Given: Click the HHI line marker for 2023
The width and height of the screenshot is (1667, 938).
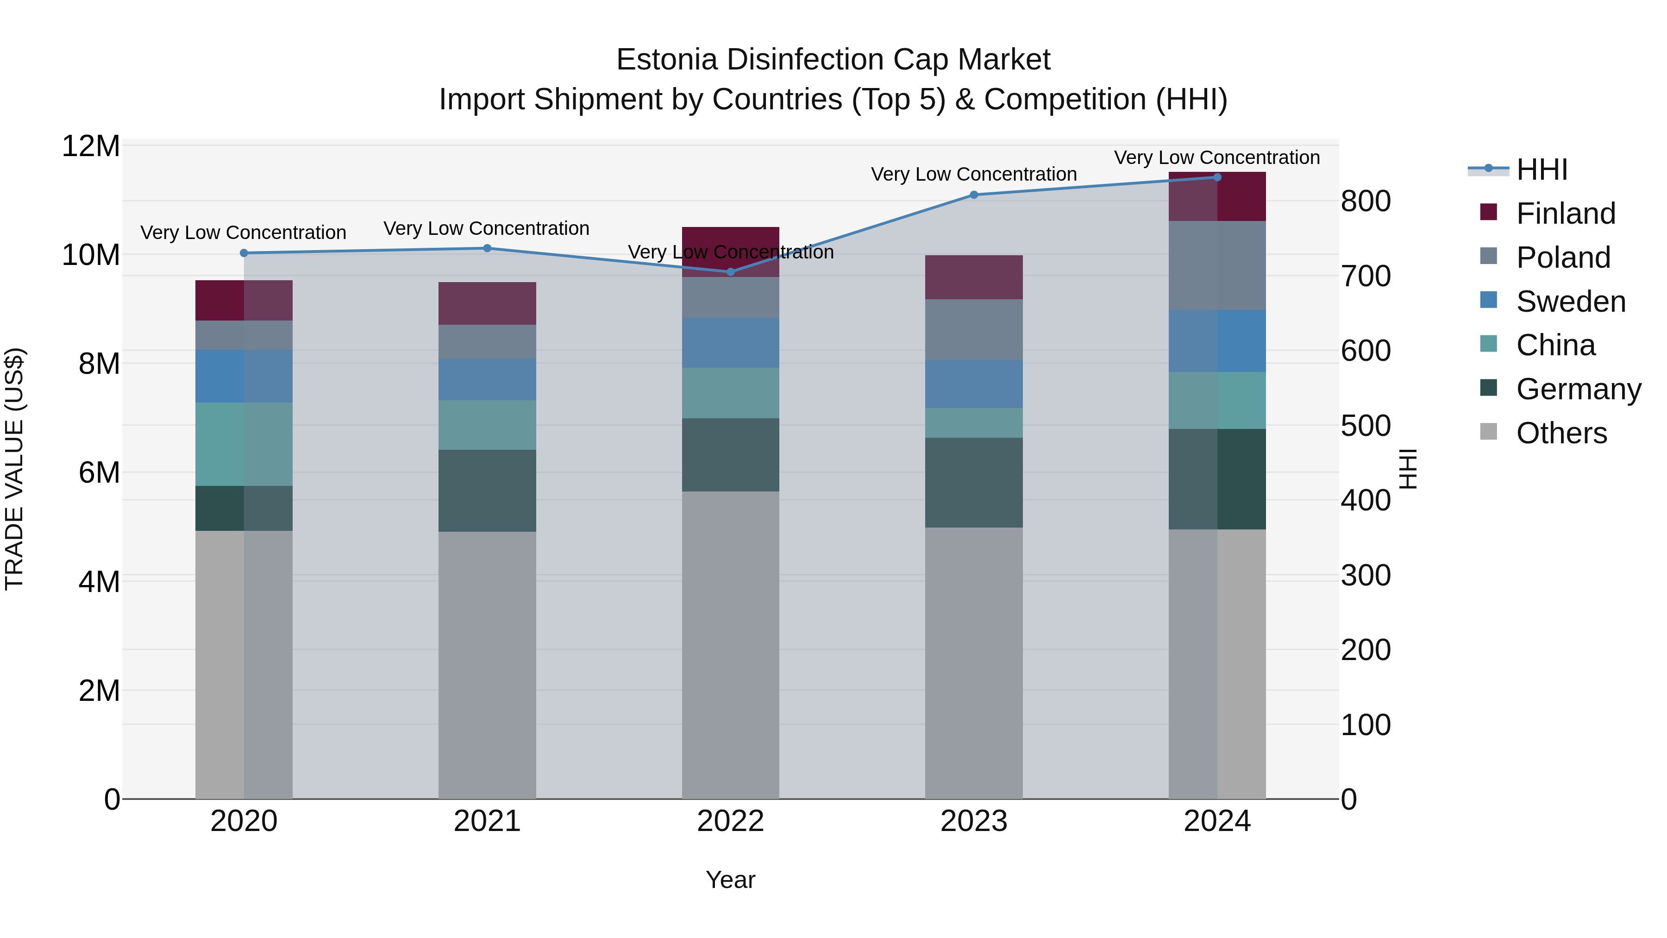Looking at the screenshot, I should point(974,195).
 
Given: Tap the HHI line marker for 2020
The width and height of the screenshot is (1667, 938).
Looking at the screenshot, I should point(244,253).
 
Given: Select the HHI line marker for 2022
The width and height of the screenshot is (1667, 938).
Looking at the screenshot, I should point(731,272).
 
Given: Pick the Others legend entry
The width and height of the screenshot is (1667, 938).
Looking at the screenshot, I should point(1561,433).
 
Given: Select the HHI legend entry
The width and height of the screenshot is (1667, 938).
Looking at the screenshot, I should point(1542,170).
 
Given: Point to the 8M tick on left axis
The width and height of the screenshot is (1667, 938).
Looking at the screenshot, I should point(98,364).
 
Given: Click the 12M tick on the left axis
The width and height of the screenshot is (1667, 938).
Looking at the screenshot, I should point(91,146).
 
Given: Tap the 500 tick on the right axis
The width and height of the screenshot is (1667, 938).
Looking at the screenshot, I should point(1366,426).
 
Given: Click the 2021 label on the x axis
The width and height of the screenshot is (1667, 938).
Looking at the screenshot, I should point(487,821).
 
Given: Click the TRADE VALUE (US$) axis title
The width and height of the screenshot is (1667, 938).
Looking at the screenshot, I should point(14,469).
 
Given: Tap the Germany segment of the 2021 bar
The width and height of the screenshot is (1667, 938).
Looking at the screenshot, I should point(487,491).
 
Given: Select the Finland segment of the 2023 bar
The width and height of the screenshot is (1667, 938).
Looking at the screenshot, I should point(973,277).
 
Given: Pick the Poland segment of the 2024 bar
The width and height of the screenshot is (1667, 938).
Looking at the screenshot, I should point(1216,265).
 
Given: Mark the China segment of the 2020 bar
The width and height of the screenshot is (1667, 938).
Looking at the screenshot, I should point(244,444).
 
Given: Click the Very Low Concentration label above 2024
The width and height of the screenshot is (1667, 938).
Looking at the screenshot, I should point(1216,157).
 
